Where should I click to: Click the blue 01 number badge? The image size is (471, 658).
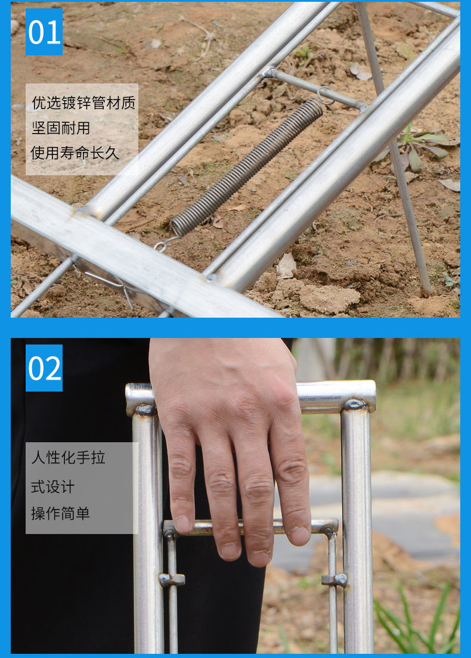point(44,32)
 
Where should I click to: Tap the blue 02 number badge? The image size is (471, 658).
point(44,368)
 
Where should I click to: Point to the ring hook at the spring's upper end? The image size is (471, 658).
point(325,95)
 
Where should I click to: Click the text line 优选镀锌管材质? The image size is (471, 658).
point(83,103)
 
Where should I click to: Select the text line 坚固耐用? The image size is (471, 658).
point(61,128)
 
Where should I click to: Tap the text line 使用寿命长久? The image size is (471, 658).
point(75,153)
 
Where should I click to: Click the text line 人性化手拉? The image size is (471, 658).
point(69,458)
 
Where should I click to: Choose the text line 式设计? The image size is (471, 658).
point(53,486)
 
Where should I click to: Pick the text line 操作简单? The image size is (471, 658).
point(61,513)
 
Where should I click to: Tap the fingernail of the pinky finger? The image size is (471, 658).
point(300,535)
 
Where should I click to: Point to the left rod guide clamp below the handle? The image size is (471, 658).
point(171,579)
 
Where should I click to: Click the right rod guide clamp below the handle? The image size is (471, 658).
point(334,579)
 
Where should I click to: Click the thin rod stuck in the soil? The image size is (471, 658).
point(411,232)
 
